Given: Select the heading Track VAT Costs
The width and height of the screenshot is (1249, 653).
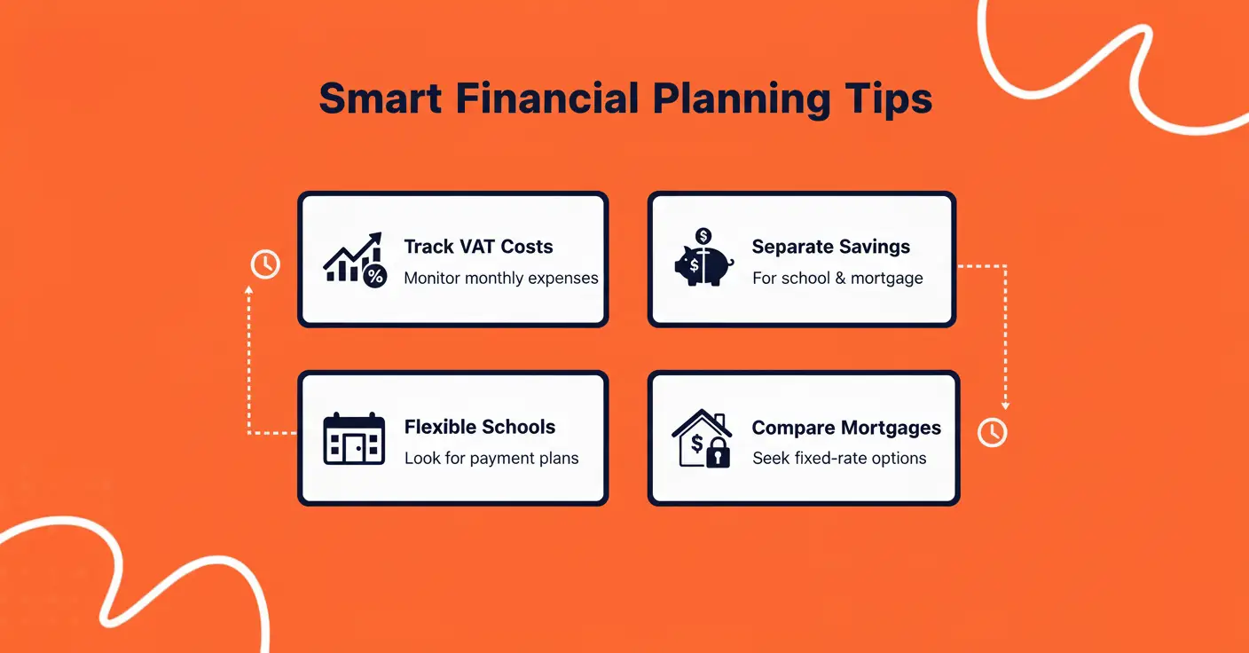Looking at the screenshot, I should click(x=478, y=247).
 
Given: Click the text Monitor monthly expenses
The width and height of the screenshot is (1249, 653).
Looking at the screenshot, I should click(x=501, y=278).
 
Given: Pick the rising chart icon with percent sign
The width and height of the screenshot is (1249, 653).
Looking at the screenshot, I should click(x=354, y=259).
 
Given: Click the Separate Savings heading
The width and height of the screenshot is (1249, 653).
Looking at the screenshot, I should click(x=831, y=247).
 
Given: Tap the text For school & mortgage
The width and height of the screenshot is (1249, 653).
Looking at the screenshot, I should click(x=837, y=278).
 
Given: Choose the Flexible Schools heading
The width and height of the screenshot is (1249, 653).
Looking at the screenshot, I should click(x=480, y=427).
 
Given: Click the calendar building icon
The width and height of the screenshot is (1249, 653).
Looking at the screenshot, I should click(x=354, y=439).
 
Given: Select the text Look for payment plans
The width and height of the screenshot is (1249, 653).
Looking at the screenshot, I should click(x=491, y=459).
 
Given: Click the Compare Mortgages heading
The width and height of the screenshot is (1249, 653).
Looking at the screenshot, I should click(x=846, y=428).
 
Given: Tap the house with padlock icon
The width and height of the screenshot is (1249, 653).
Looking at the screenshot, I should click(x=701, y=439).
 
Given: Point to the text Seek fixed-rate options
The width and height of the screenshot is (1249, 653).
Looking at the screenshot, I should click(x=839, y=459).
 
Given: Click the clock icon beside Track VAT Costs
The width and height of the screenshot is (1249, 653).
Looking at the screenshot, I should click(x=265, y=264).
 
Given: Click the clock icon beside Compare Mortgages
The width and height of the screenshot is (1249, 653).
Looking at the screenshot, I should click(x=992, y=432).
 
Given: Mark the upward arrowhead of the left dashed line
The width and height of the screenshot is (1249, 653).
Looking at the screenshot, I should click(x=248, y=290).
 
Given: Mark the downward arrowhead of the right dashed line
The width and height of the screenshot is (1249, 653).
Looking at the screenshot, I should click(x=1005, y=405).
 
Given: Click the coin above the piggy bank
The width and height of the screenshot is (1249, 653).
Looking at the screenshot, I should click(x=703, y=236).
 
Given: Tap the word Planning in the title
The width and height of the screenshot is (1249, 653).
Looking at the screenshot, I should click(x=742, y=98).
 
